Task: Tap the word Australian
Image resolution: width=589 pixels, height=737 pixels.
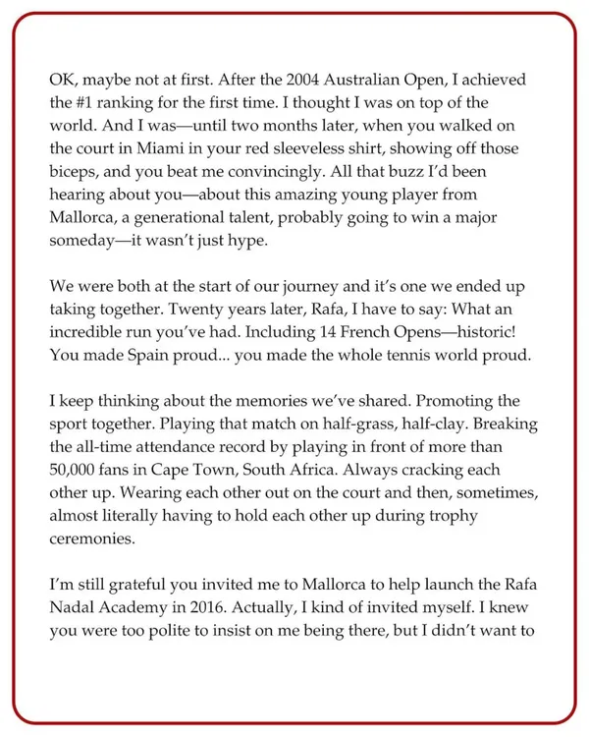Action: (x=369, y=77)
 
